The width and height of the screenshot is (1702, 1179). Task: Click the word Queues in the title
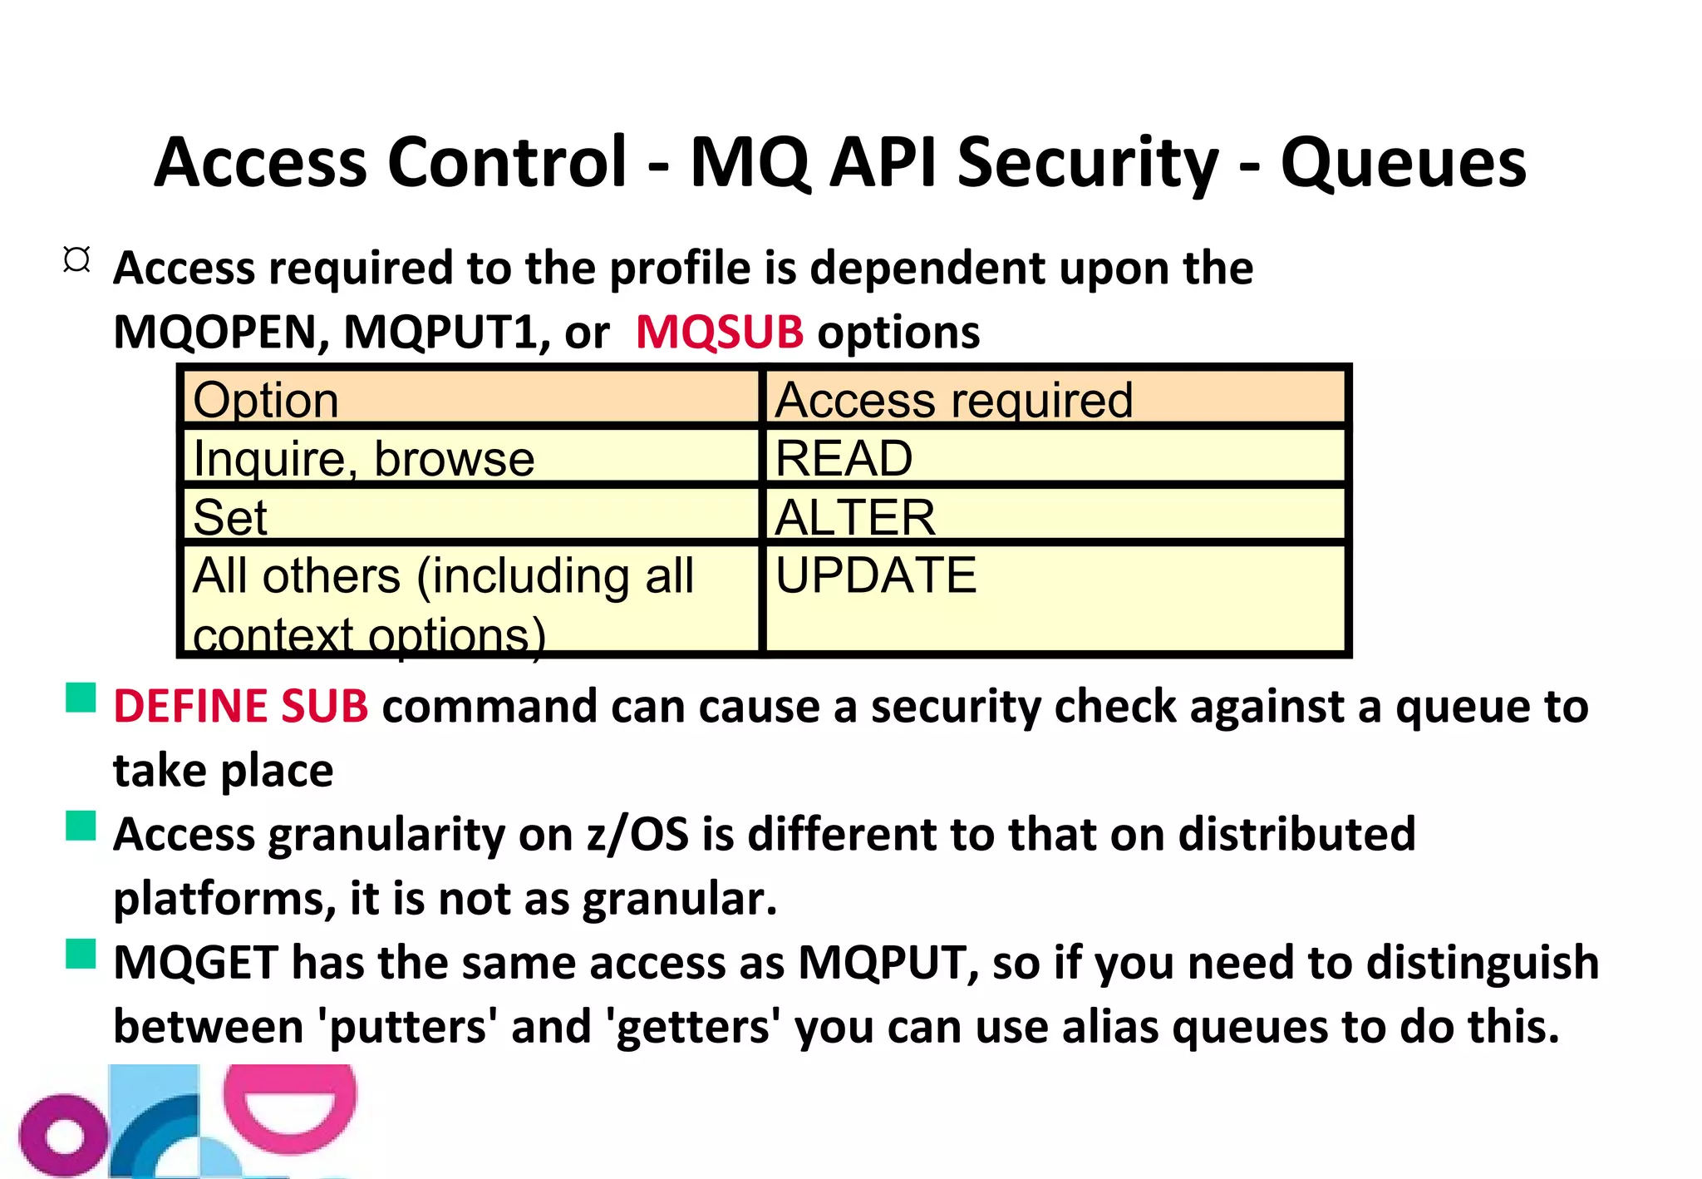click(x=1403, y=163)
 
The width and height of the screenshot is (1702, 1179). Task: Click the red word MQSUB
click(x=720, y=332)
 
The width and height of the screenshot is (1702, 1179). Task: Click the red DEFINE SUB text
click(x=241, y=707)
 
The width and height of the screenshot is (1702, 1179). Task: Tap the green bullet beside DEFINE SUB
click(x=81, y=698)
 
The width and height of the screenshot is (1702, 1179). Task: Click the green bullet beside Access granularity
click(x=81, y=826)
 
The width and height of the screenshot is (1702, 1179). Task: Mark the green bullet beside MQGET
click(x=81, y=955)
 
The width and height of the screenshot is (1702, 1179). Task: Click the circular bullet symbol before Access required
click(x=76, y=260)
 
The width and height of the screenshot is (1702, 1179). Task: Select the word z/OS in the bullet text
click(x=638, y=835)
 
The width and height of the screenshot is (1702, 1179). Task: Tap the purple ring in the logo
click(x=63, y=1136)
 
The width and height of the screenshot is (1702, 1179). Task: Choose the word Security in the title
click(x=1089, y=163)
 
